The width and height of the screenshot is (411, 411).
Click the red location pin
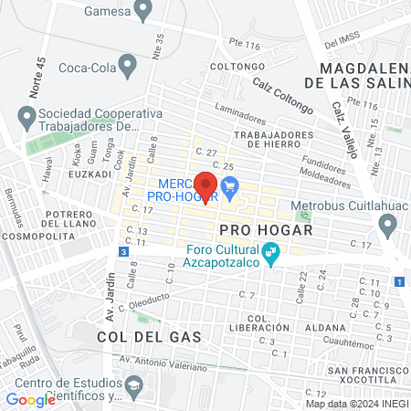(205, 185)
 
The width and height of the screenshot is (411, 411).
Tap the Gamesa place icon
(142, 11)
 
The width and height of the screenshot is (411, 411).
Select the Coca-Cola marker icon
(128, 66)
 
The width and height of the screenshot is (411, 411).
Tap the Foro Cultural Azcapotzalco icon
(270, 253)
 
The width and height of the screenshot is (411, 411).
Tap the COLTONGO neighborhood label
(230, 67)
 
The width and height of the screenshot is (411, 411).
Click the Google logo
(30, 399)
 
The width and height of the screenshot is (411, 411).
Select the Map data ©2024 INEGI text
(355, 404)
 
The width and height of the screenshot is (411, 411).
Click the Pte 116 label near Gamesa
(245, 45)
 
